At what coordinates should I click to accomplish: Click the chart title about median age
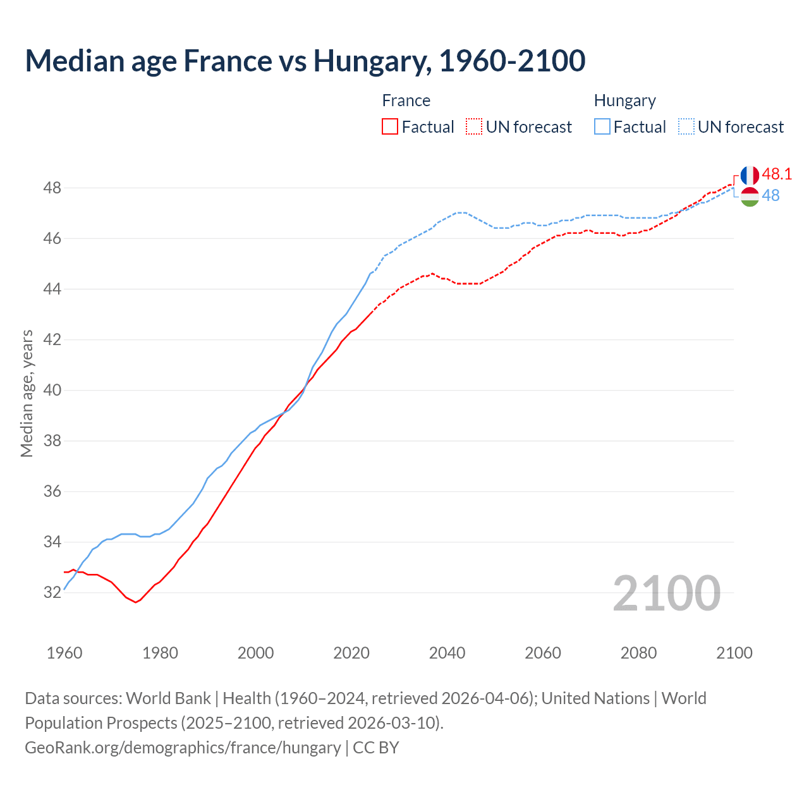click(x=305, y=61)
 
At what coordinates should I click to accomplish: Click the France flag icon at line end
click(x=750, y=176)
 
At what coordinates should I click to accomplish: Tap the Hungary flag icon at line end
click(x=750, y=197)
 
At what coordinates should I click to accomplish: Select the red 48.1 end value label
click(x=777, y=174)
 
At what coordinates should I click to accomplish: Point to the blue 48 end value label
click(x=770, y=195)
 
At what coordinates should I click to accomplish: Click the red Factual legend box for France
click(x=390, y=127)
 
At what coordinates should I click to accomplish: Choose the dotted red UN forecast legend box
click(x=474, y=127)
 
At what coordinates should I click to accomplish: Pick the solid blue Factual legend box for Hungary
click(x=602, y=127)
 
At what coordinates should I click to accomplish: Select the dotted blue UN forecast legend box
click(x=686, y=127)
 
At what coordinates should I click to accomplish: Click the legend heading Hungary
click(x=624, y=100)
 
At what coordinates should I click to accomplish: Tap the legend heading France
click(x=406, y=100)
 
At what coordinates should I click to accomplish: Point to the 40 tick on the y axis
click(x=52, y=390)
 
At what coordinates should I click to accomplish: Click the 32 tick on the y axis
click(x=52, y=592)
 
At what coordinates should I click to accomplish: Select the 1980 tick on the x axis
click(x=160, y=653)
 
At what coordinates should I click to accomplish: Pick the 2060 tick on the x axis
click(x=543, y=653)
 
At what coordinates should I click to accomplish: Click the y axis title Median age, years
click(x=27, y=393)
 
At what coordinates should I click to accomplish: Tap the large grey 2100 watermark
click(x=666, y=593)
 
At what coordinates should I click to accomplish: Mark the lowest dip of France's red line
click(x=135, y=602)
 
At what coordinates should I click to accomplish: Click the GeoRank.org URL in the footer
click(x=183, y=747)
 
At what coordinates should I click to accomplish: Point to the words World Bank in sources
click(x=168, y=698)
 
